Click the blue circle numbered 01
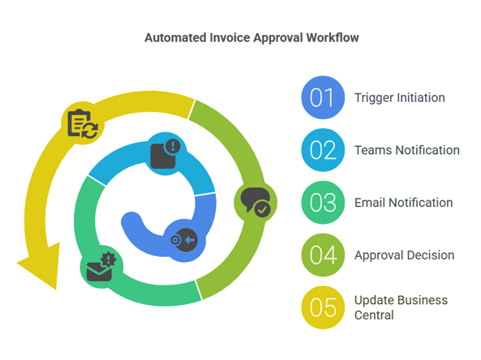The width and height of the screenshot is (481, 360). pos(323,97)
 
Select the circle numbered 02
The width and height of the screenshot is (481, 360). pos(323,150)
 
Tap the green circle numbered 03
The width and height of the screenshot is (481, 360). pos(323,203)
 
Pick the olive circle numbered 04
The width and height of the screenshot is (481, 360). pos(323,255)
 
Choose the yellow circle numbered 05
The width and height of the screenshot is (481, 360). pos(323,307)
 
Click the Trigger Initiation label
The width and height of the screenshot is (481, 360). pos(399,98)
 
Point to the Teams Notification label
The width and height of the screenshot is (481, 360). pos(406,150)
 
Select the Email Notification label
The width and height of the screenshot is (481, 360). pos(403,203)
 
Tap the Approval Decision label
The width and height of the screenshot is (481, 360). pos(404,255)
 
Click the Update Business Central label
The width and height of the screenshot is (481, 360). pos(401,307)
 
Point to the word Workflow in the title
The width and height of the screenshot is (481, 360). pos(333,38)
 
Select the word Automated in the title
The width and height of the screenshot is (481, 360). pos(175,38)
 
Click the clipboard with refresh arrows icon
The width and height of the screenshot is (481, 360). pos(83,123)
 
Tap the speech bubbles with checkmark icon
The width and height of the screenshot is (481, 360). pos(256,202)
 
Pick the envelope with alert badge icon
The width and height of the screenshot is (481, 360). pos(101,267)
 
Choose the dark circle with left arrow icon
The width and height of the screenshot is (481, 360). pos(184,240)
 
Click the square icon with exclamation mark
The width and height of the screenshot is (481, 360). pos(165,154)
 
